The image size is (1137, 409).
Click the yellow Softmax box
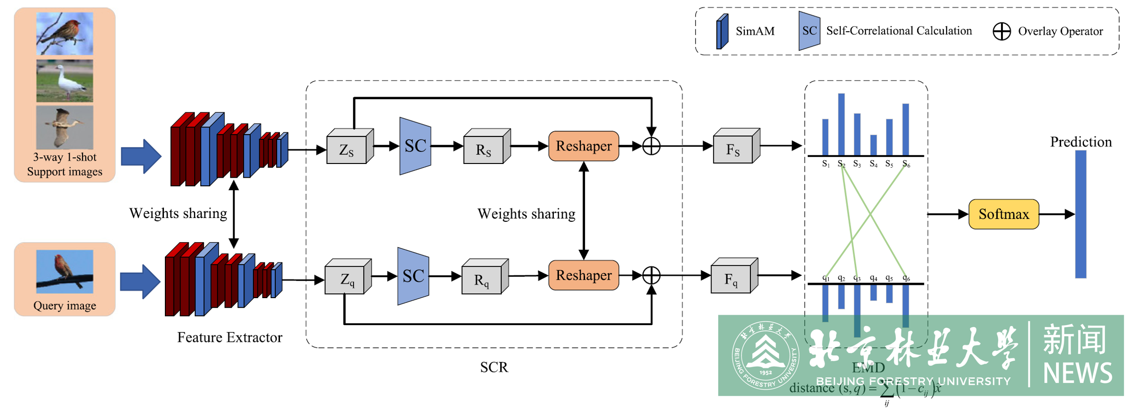click(1003, 214)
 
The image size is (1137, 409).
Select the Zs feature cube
click(347, 149)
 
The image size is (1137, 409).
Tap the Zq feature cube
click(346, 279)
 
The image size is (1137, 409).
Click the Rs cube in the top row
click(484, 149)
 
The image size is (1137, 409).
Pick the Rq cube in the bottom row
click(482, 279)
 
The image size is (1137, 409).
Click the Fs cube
click(733, 149)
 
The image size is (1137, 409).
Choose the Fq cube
click(731, 279)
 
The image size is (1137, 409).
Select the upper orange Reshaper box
click(584, 146)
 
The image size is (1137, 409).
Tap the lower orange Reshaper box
click(584, 275)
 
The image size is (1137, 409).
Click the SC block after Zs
click(415, 146)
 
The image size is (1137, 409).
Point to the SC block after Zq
click(413, 276)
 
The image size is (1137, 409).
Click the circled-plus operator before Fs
click(651, 146)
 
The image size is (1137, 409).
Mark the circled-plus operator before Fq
click(651, 275)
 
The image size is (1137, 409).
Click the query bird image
click(64, 272)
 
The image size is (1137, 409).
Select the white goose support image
click(64, 81)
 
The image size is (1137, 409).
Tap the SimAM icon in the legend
click(722, 31)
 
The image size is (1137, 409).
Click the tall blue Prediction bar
click(1081, 214)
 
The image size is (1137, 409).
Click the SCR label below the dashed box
click(494, 367)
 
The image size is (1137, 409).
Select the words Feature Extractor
click(230, 337)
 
